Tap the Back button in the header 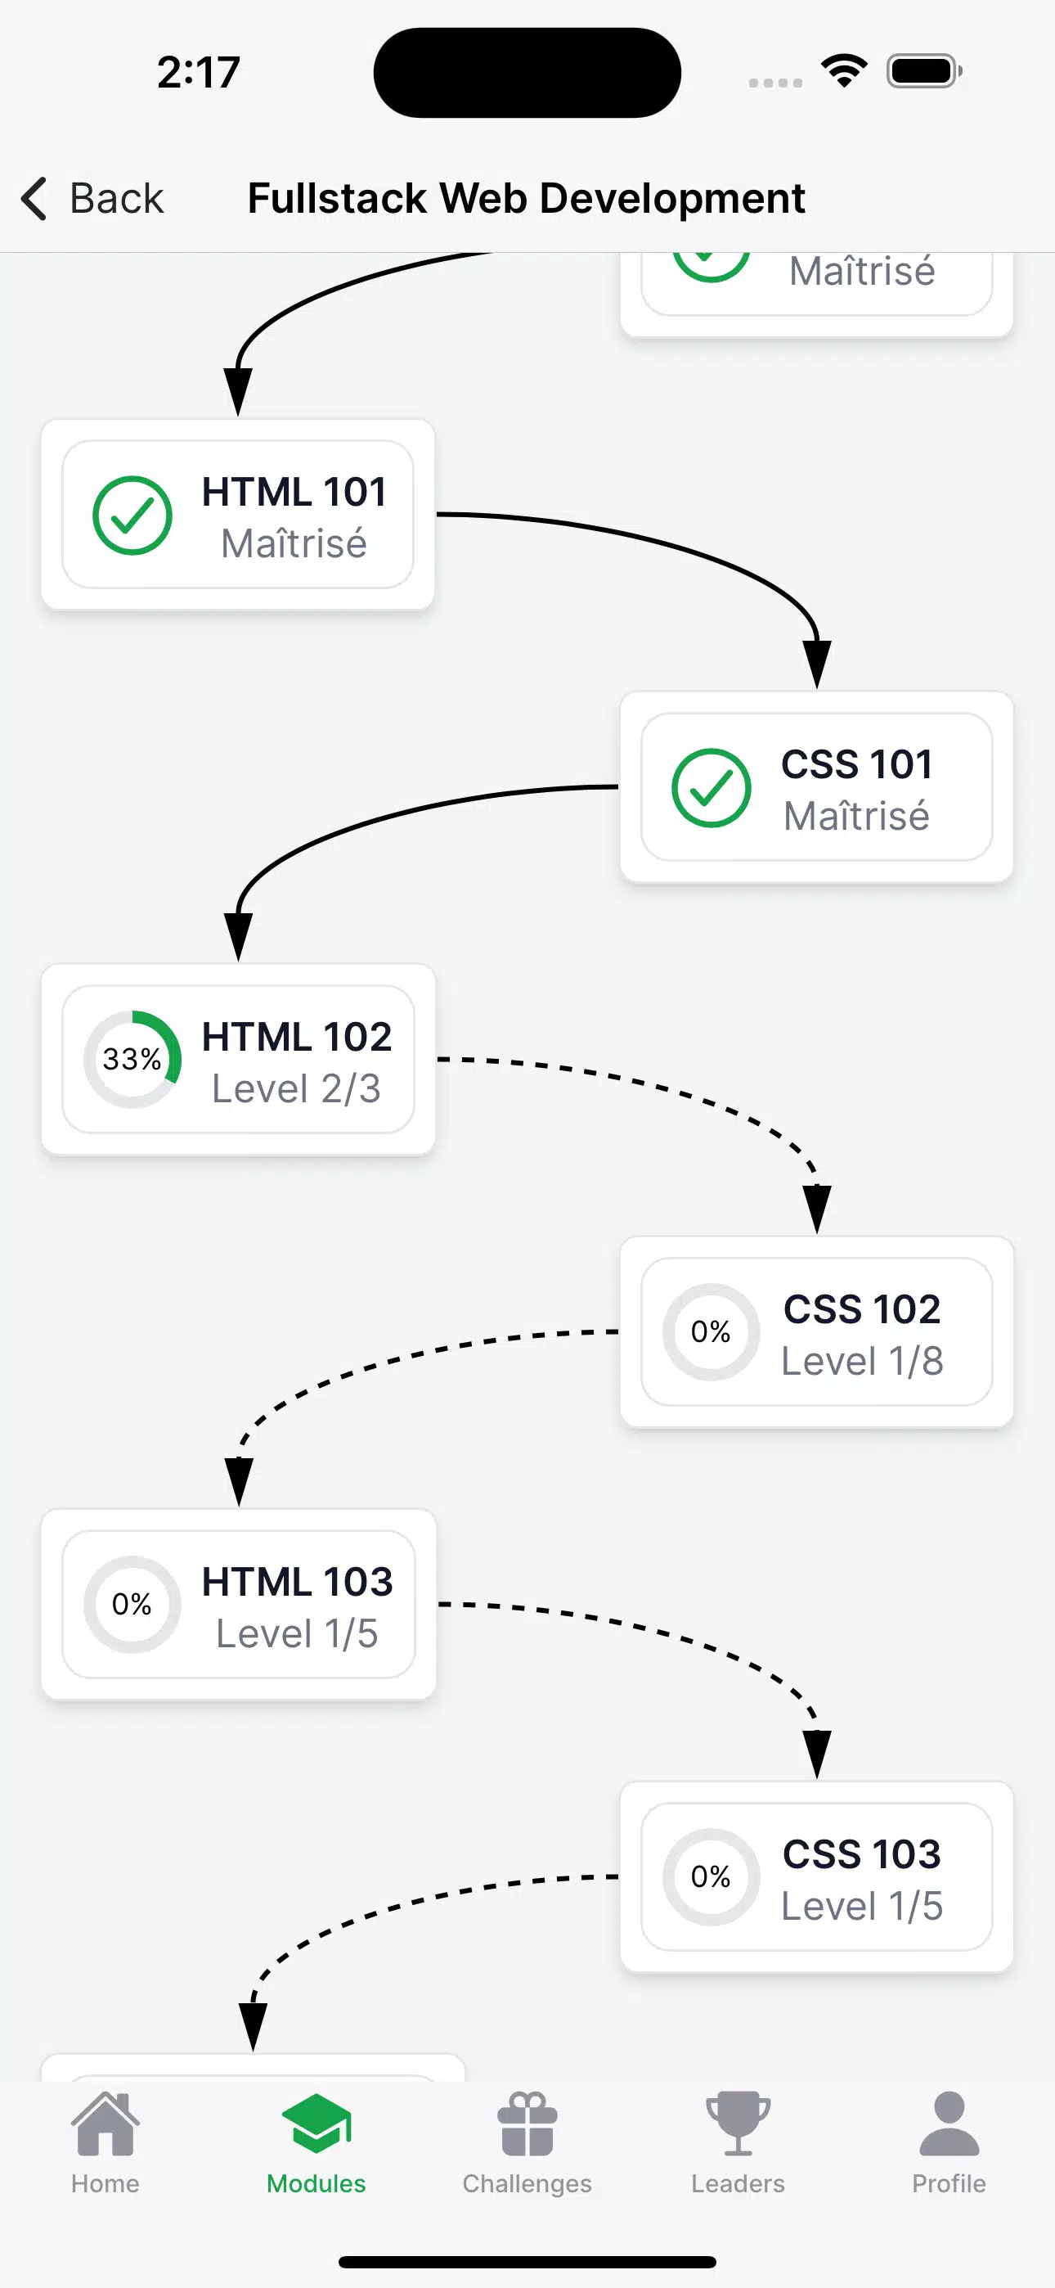click(x=92, y=198)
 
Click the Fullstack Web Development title click(x=527, y=198)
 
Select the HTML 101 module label click(x=294, y=491)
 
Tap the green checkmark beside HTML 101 click(x=132, y=516)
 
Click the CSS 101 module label click(x=857, y=763)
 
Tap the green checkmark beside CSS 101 click(x=712, y=788)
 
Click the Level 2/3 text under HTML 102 click(x=296, y=1088)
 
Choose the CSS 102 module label click(x=861, y=1308)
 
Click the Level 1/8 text click(x=861, y=1361)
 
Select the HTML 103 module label click(x=298, y=1581)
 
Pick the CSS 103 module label click(x=861, y=1853)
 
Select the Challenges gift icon click(x=527, y=2124)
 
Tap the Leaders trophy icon click(x=738, y=2124)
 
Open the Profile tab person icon click(x=949, y=2124)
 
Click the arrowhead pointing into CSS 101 click(x=817, y=664)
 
